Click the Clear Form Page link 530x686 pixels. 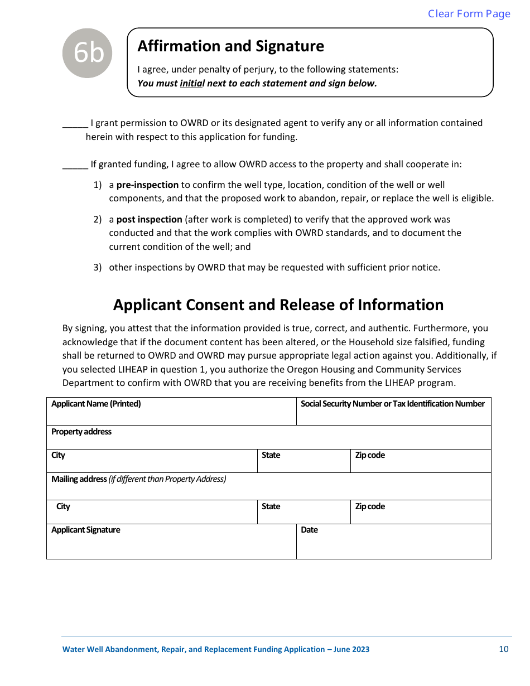click(x=469, y=14)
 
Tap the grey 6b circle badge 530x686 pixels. click(x=87, y=54)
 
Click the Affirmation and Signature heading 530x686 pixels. click(x=230, y=46)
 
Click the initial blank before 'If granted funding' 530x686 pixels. click(x=75, y=165)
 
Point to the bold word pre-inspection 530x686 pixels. click(x=147, y=185)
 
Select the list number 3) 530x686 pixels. click(x=98, y=268)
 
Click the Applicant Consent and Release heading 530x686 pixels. click(x=278, y=305)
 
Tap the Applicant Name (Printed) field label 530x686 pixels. click(x=96, y=404)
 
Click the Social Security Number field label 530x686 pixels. click(x=393, y=404)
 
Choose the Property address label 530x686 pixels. click(x=81, y=432)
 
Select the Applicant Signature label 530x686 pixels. click(x=86, y=530)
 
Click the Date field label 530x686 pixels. click(x=309, y=530)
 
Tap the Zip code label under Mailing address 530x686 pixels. click(x=370, y=506)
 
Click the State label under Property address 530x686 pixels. click(x=271, y=455)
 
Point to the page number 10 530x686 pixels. click(x=504, y=649)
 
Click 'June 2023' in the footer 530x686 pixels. click(x=351, y=650)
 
